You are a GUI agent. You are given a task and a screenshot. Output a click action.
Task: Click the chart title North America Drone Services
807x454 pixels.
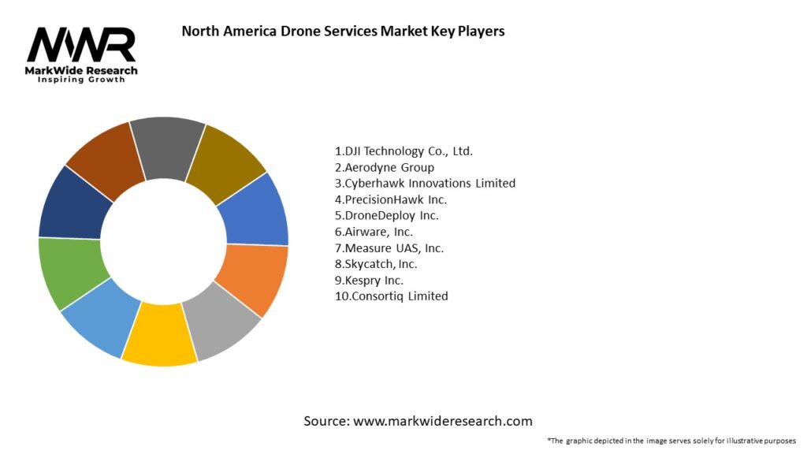click(343, 32)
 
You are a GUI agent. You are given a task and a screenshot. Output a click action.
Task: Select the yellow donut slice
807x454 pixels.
click(159, 334)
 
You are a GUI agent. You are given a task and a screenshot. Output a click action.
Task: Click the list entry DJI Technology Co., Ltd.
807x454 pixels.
click(403, 151)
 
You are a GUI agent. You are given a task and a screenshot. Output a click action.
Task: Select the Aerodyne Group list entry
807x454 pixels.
click(385, 167)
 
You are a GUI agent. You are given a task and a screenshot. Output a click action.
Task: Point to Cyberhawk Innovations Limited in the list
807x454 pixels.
click(425, 183)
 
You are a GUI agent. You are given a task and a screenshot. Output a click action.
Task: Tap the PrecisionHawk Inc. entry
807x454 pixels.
click(391, 199)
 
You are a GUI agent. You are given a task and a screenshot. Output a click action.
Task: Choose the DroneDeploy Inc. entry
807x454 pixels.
click(386, 215)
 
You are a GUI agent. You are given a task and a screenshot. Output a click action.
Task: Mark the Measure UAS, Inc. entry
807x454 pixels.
click(389, 247)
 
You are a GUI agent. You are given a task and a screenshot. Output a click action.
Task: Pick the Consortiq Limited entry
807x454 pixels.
click(391, 296)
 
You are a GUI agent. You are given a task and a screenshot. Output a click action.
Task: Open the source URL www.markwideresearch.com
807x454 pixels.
click(442, 421)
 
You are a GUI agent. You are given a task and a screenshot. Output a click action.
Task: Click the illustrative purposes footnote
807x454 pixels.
click(671, 441)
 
